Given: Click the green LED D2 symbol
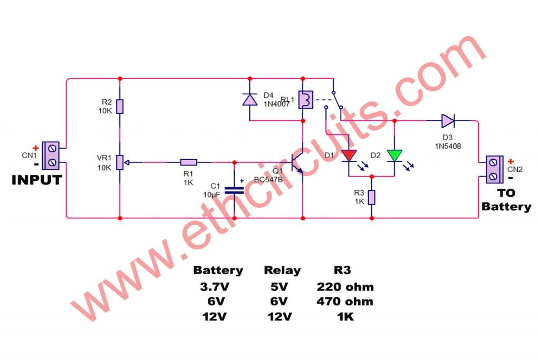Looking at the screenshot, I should click(394, 155).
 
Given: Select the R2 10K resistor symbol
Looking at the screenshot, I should click(120, 106).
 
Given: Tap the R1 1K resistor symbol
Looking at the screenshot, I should click(189, 162).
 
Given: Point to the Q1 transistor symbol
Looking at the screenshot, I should click(297, 162).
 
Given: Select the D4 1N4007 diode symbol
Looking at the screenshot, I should click(249, 100).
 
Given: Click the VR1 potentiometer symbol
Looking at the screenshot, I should click(120, 162).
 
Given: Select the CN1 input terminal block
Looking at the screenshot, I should click(51, 155).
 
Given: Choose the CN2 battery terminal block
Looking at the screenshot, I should click(494, 169).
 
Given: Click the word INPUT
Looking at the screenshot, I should click(37, 180).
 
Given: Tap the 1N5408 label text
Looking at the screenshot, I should click(448, 146).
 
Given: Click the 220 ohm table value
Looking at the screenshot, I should click(345, 287).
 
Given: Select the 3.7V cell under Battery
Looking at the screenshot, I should click(218, 287).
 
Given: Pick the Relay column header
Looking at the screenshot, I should click(282, 270).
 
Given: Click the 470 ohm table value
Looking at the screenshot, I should click(345, 302).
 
